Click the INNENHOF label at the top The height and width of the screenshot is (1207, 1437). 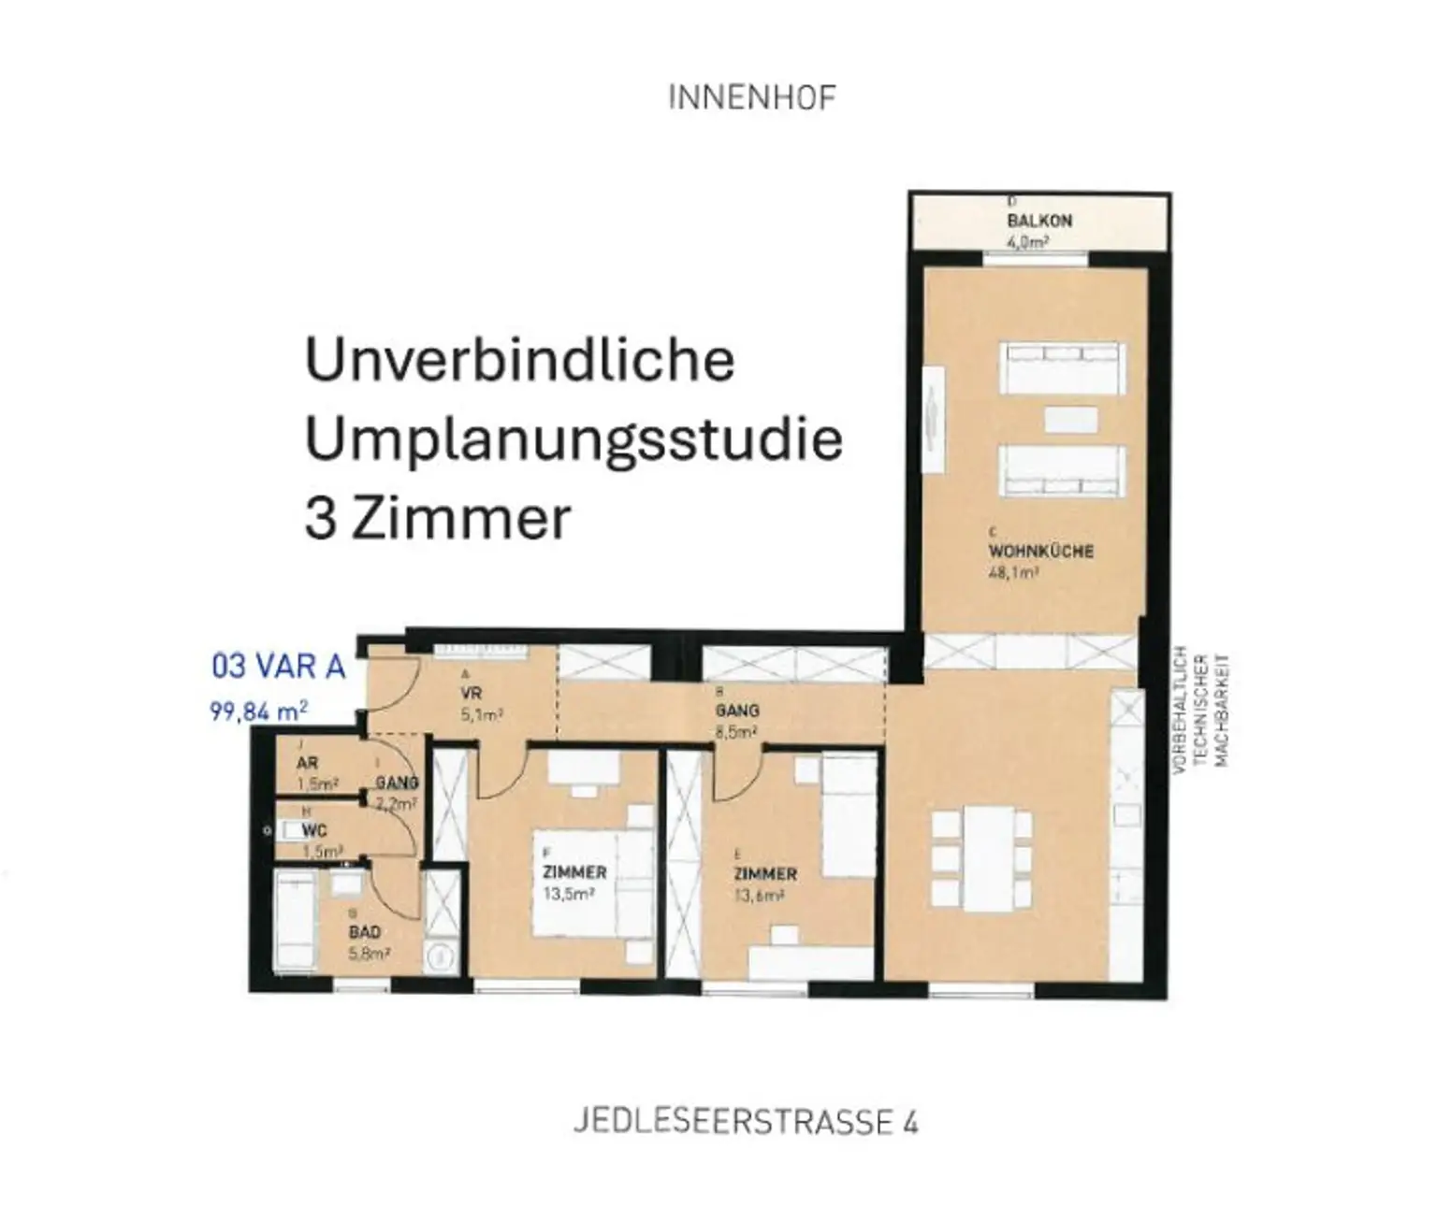tap(752, 98)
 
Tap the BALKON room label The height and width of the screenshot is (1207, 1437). tap(1039, 221)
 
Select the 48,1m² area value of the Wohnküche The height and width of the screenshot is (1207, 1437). tap(1013, 572)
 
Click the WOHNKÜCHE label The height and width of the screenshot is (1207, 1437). tap(1040, 551)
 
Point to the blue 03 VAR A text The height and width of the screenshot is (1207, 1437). tap(279, 667)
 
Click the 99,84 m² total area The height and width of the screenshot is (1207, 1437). tap(258, 711)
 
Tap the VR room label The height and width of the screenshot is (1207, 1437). tap(471, 694)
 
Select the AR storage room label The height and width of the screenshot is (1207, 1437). tap(307, 763)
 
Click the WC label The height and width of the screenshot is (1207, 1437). tap(314, 830)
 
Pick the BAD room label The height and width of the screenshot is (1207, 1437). tap(364, 932)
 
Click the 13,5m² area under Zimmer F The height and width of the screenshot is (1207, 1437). tap(569, 894)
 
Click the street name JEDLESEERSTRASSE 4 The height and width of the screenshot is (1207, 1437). tap(745, 1122)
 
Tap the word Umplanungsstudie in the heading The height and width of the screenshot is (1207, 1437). tap(573, 439)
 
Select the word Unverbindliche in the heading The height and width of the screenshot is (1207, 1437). tap(520, 360)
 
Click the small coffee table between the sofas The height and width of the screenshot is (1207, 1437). tap(1070, 419)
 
